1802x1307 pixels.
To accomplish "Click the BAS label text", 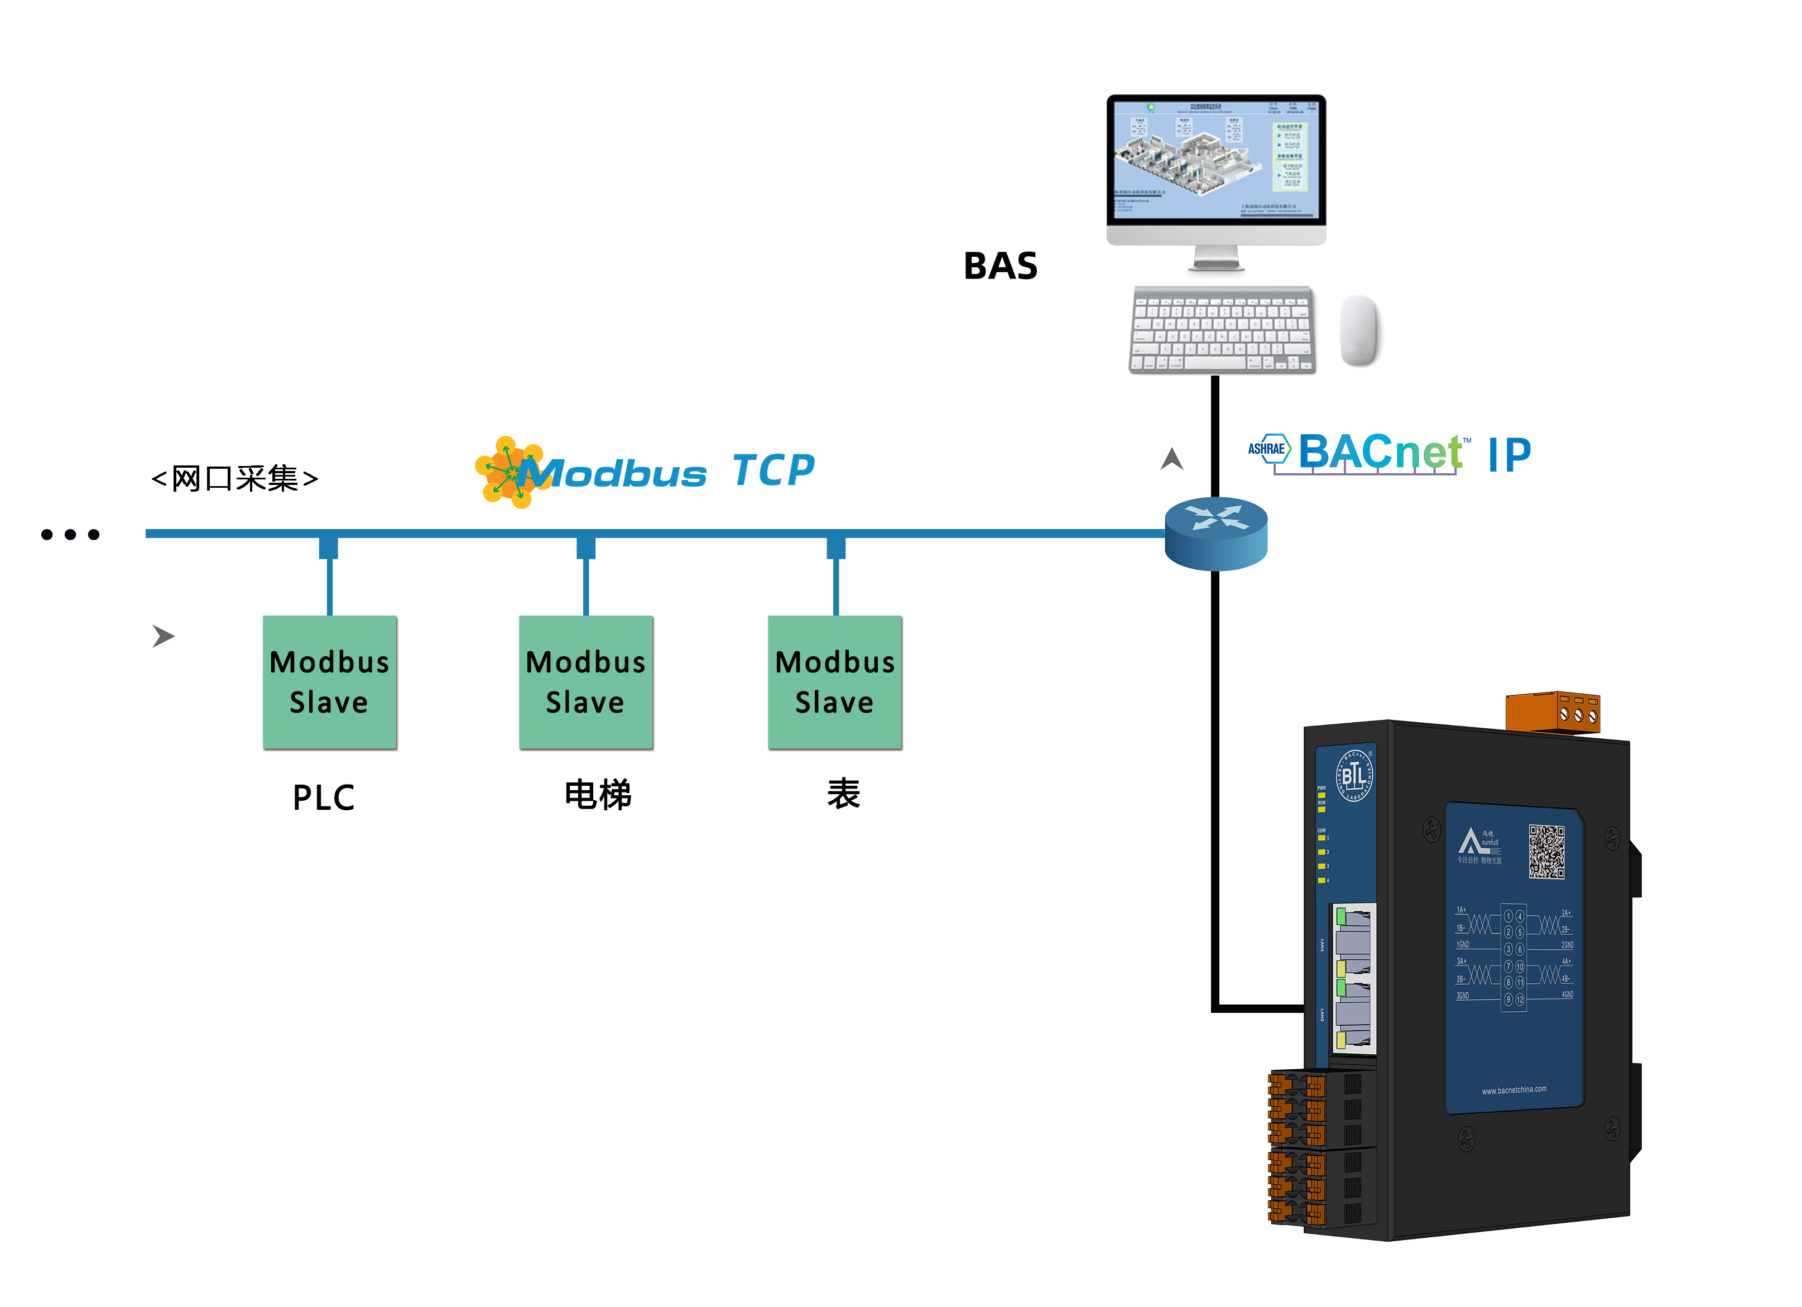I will (x=999, y=266).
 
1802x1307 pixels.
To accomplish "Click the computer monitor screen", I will (x=1215, y=159).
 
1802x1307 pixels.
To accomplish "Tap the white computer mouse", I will (x=1359, y=330).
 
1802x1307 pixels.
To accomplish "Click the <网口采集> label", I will (x=235, y=478).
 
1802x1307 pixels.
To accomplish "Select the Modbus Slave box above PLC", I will (x=330, y=682).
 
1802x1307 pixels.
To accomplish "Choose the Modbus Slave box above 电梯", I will (x=585, y=682).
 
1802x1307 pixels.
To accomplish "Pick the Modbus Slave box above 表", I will (x=834, y=682).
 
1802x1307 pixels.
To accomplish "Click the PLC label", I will (x=323, y=797).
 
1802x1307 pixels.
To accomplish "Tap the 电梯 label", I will (x=598, y=795).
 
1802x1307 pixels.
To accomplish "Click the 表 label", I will (x=843, y=794).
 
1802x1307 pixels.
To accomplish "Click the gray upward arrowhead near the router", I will (x=1171, y=459).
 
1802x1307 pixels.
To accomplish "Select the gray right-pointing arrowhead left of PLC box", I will (x=163, y=636).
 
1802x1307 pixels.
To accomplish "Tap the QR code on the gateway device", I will (x=1546, y=851).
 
